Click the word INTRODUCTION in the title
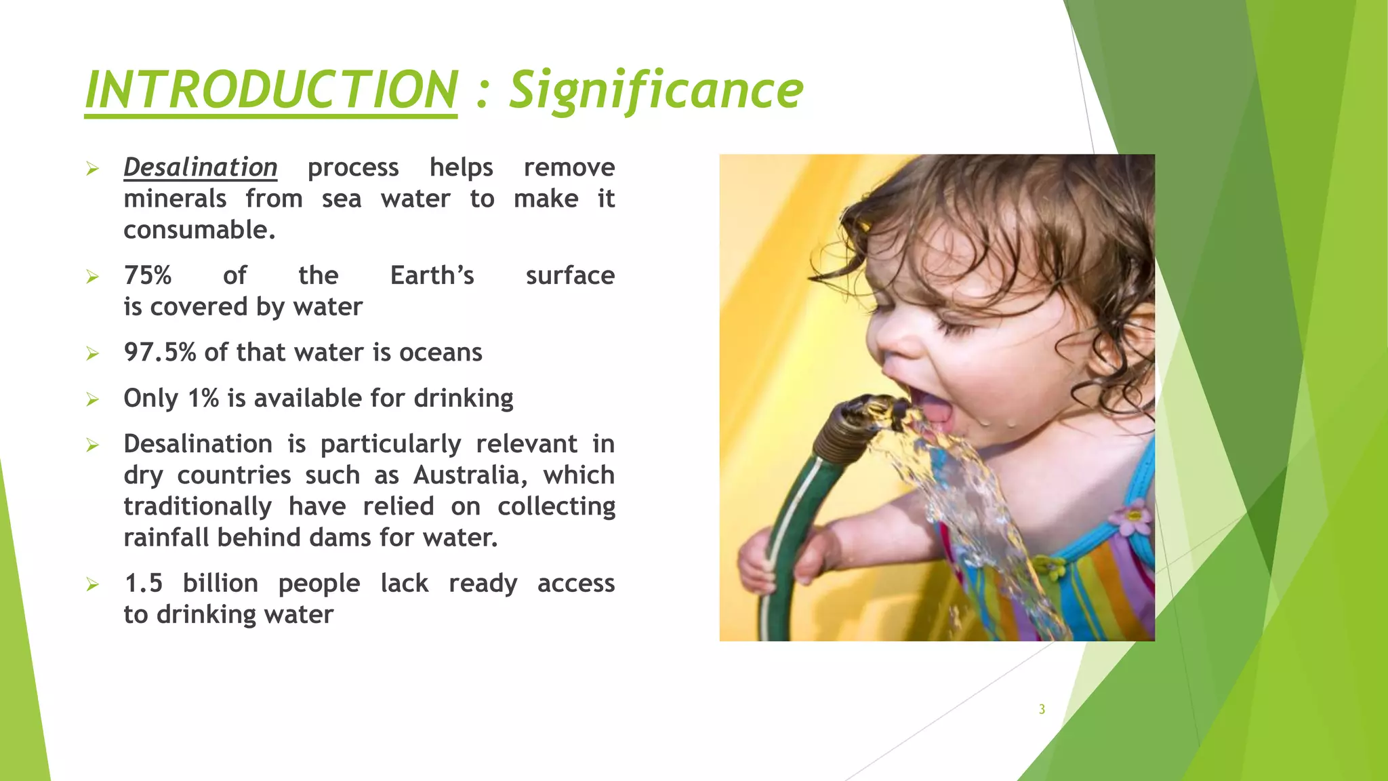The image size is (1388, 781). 271,90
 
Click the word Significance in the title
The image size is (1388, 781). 655,92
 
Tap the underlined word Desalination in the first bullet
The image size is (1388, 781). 200,167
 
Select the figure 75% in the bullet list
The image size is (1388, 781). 148,276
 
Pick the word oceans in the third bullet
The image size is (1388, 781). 441,353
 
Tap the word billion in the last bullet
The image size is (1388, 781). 220,584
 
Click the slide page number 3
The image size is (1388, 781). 1042,710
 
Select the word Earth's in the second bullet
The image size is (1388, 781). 432,276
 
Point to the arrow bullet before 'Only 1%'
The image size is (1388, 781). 93,399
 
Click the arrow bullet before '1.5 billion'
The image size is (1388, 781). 93,584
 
